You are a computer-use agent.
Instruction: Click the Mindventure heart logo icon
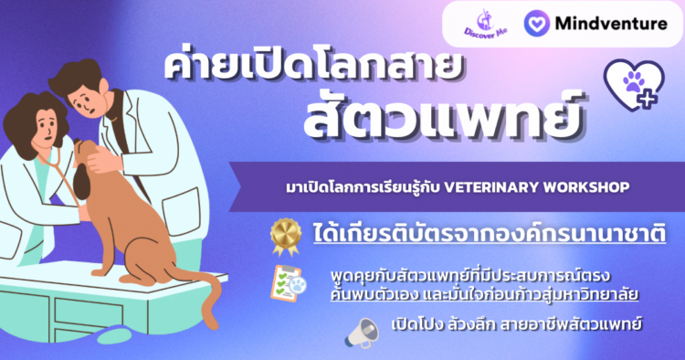click(536, 23)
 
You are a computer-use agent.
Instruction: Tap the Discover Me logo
click(485, 24)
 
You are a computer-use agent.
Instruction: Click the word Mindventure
click(611, 23)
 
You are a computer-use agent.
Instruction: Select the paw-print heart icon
click(634, 85)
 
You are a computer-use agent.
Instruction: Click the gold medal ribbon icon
click(286, 237)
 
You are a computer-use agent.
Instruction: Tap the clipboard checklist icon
click(288, 283)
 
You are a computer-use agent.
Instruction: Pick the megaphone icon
click(362, 333)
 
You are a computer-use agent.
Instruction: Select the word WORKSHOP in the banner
click(586, 187)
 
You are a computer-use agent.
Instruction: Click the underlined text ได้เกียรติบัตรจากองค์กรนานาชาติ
click(490, 234)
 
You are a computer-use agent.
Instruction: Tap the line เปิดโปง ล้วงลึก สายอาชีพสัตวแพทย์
click(516, 324)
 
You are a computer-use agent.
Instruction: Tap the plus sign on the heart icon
click(647, 100)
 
